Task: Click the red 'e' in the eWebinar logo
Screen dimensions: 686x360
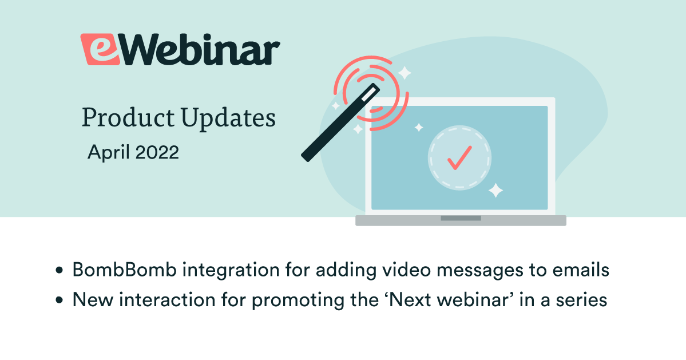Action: [100, 49]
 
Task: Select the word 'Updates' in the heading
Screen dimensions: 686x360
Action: [228, 118]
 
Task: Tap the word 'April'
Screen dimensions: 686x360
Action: [109, 152]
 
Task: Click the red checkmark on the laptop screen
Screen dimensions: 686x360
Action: [459, 157]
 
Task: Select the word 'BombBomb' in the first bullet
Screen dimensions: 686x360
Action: [124, 270]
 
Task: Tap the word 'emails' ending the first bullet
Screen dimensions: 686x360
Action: [581, 270]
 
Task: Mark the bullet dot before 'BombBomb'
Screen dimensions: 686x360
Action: [60, 270]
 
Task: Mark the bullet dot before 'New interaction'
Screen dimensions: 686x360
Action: [60, 301]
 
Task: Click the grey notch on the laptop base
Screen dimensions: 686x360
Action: [461, 218]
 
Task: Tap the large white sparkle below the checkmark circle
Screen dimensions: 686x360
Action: [495, 191]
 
